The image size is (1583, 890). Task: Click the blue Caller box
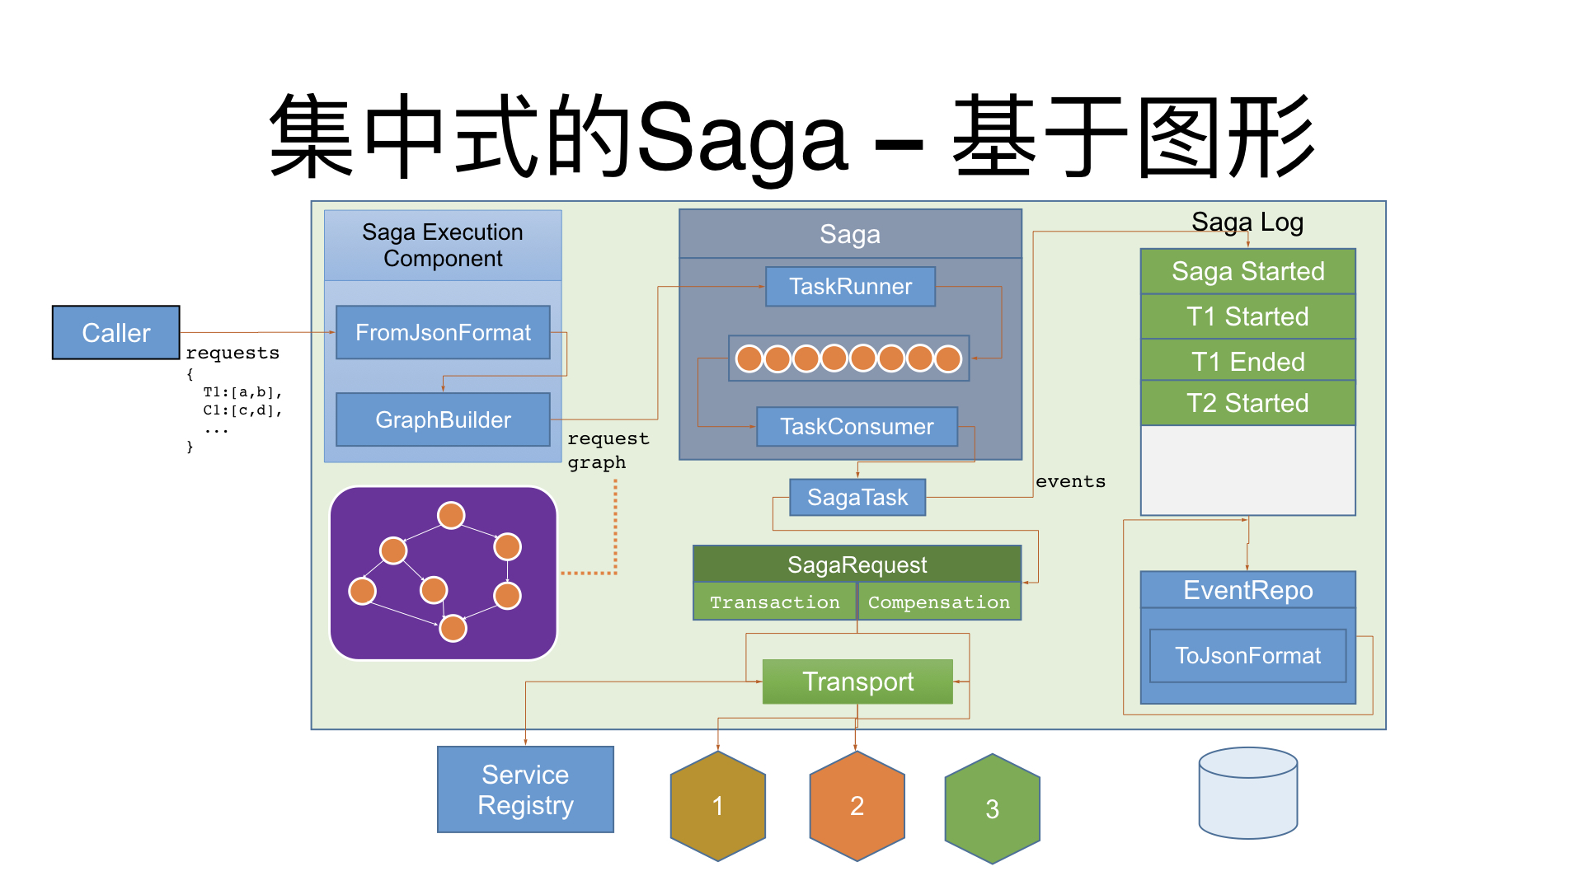tap(115, 333)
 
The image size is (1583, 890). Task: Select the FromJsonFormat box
tap(443, 333)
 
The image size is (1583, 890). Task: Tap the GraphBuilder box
tap(443, 420)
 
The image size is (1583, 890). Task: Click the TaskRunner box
tap(850, 287)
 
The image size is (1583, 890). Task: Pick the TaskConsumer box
tap(857, 427)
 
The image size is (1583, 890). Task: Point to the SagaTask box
tap(857, 498)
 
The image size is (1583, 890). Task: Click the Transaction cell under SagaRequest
tap(775, 602)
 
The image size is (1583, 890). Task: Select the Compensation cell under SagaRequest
tap(938, 602)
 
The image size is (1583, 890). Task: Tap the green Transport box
tap(857, 682)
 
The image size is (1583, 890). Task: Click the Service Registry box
tap(525, 789)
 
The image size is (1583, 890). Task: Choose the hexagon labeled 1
tap(718, 806)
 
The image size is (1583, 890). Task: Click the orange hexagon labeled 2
tap(857, 806)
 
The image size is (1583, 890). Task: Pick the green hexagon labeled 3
tap(992, 809)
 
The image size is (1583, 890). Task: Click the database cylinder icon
tap(1247, 793)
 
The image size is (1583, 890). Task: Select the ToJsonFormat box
tap(1247, 656)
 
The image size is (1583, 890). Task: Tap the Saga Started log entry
tap(1247, 272)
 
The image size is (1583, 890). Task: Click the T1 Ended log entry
tap(1247, 362)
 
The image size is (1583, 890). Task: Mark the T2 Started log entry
tap(1247, 403)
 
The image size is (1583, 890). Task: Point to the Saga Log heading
tap(1247, 222)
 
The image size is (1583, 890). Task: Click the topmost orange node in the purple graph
tap(451, 516)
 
